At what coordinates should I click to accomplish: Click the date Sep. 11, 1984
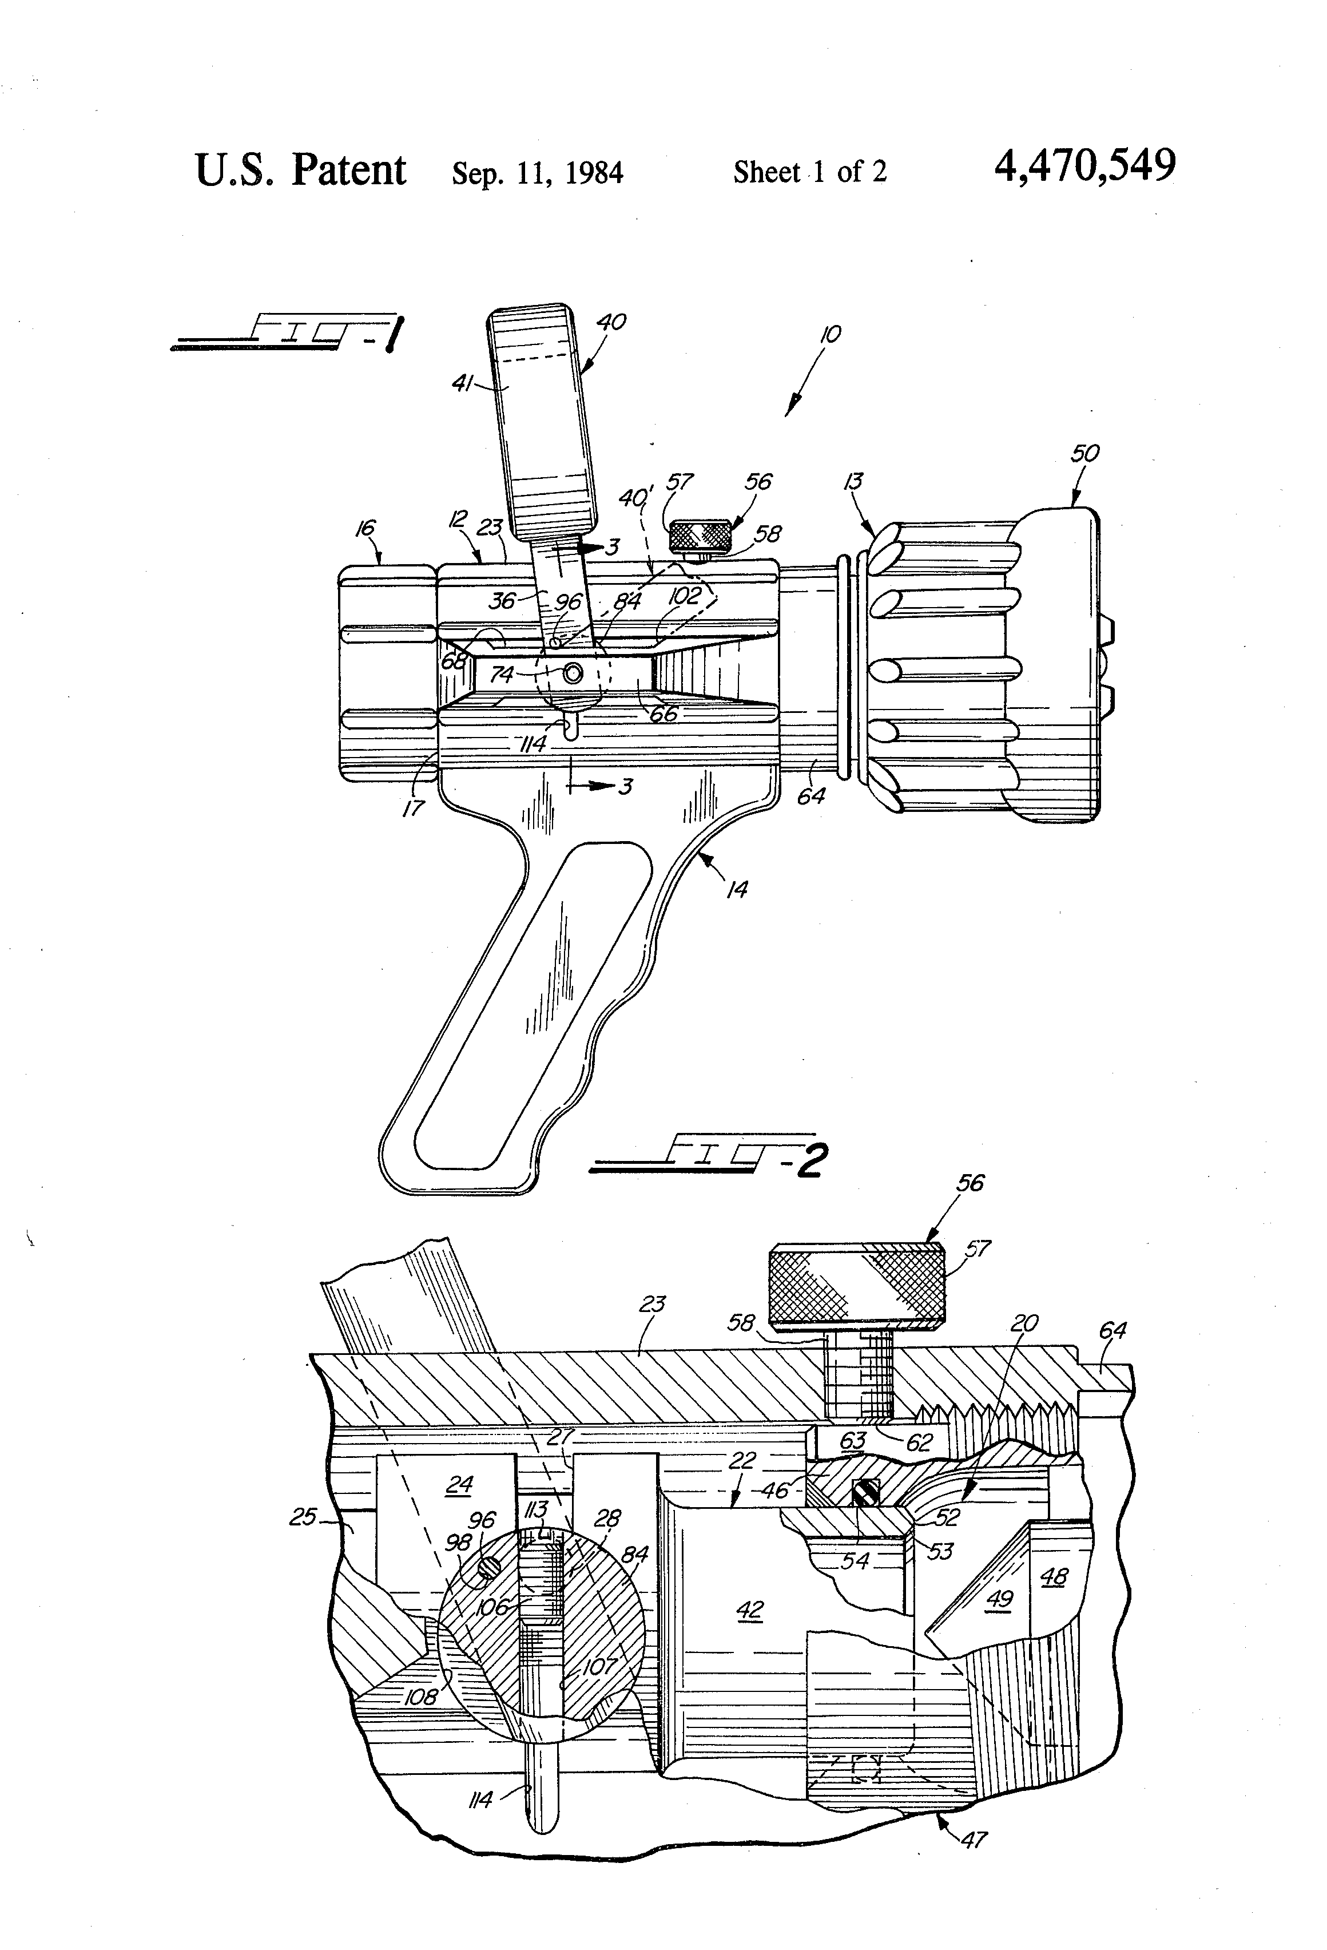point(537,173)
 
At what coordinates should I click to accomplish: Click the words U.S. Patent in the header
point(300,171)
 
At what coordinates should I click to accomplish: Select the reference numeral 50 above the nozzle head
point(1084,454)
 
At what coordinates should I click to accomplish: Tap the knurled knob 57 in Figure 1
point(699,534)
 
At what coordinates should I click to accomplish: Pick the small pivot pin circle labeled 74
point(573,673)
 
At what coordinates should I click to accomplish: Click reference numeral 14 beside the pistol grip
point(737,889)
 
